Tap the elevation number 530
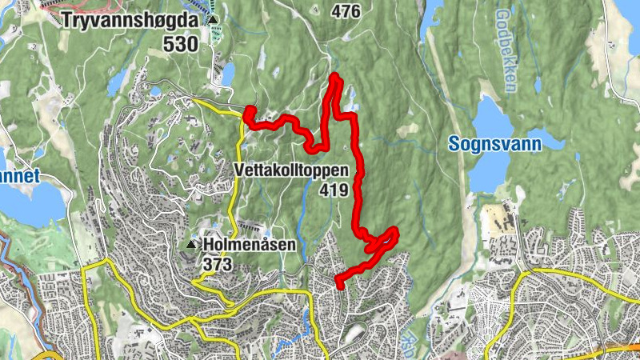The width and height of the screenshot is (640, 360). pos(180,45)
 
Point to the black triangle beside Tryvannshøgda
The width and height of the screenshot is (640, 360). pos(214,21)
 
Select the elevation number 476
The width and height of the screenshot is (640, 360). pos(344,10)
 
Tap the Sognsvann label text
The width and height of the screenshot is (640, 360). pos(494,144)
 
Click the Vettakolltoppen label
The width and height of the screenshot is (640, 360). pos(291,170)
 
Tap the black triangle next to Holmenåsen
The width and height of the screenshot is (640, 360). pos(191,244)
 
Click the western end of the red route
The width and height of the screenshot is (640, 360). pos(249,113)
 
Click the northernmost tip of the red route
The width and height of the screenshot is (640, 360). pos(335,77)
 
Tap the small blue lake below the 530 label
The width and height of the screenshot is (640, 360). pos(228,74)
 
